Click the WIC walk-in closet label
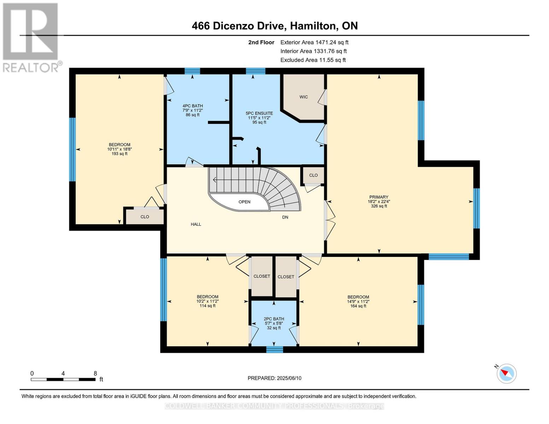[303, 97]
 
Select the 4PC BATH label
[192, 106]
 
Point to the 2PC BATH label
[274, 319]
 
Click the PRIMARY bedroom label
[379, 197]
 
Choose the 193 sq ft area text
[119, 154]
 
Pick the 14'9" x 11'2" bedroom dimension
[358, 301]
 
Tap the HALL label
[196, 224]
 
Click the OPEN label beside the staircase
[244, 202]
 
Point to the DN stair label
[285, 217]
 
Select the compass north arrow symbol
[507, 373]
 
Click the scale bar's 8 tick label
[95, 373]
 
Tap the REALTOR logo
[31, 37]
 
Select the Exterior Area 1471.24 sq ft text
[314, 42]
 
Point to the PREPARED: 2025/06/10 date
[274, 378]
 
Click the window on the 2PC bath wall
[274, 349]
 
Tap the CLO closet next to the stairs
[313, 175]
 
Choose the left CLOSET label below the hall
[262, 276]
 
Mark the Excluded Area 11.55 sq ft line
[313, 60]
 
